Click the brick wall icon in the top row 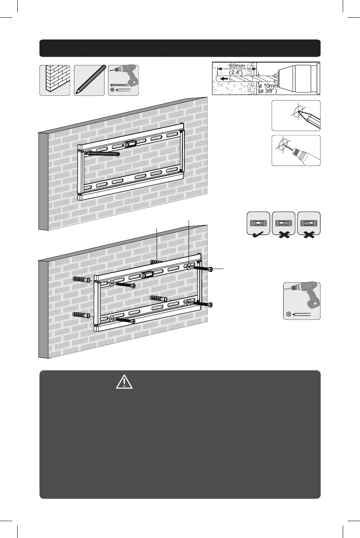55,80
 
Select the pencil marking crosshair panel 295,116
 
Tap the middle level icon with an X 283,223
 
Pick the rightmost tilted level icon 308,223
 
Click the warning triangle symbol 124,383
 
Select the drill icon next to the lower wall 302,301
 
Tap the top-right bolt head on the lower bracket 210,269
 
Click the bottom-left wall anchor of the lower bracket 82,315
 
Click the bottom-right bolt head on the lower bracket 210,304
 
